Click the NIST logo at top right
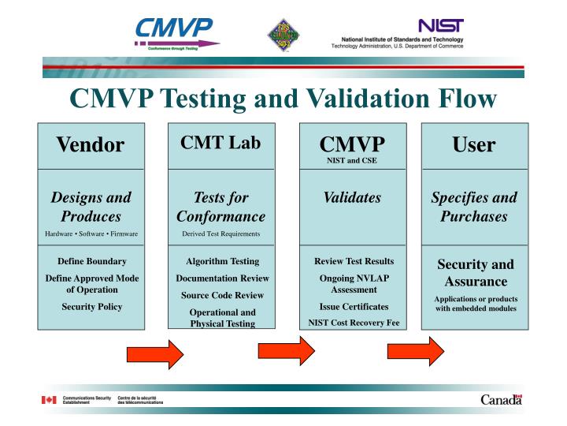click(x=441, y=26)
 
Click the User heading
click(x=474, y=144)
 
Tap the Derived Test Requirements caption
click(x=221, y=233)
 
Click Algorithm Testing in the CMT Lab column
click(x=221, y=260)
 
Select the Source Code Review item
click(x=221, y=294)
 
